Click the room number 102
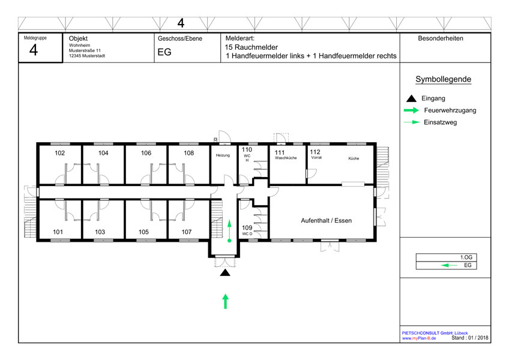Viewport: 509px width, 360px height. coord(60,153)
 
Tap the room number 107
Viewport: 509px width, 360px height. coord(186,232)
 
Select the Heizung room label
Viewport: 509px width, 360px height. coord(223,155)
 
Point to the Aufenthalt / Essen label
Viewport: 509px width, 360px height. coord(327,220)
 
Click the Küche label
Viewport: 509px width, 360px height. coord(354,158)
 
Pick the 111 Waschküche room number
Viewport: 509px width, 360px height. coord(280,152)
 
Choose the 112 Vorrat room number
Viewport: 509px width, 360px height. coord(315,152)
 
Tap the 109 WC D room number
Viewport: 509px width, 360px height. coord(247,227)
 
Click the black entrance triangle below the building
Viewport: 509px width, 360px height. coord(225,272)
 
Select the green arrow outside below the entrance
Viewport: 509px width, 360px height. coord(225,301)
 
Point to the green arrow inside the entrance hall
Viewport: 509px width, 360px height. coord(229,231)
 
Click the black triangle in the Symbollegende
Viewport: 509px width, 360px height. coord(411,98)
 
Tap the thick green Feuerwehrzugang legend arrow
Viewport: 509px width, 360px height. coord(411,110)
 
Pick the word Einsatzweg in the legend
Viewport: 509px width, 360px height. coord(440,122)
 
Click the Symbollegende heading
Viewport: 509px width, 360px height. coord(443,79)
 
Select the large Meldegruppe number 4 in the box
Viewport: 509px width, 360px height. coord(34,50)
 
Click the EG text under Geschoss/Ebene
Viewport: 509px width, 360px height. coord(164,52)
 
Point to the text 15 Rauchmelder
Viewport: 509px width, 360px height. coord(251,47)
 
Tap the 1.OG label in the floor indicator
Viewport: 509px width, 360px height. coord(466,257)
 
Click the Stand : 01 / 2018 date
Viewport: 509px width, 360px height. coord(470,338)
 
